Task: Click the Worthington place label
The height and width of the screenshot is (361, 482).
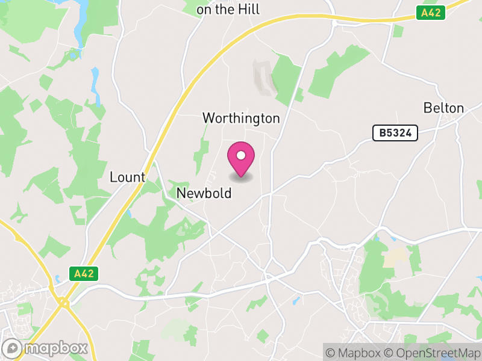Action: click(241, 118)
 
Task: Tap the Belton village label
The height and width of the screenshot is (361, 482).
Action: click(443, 108)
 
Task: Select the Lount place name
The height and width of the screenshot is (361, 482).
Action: click(127, 177)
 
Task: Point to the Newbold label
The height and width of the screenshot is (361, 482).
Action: click(204, 193)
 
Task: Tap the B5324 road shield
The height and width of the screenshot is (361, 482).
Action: click(395, 133)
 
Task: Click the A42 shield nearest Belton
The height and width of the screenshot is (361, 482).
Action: click(430, 12)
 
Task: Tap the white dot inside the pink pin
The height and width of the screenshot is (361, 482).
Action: click(241, 155)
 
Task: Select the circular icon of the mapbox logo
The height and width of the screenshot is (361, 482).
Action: click(13, 348)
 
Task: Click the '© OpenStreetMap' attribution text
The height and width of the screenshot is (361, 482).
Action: click(431, 353)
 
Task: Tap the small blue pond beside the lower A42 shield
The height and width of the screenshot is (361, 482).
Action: click(58, 279)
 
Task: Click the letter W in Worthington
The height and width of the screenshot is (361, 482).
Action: click(208, 118)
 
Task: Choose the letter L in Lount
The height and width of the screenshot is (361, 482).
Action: click(113, 177)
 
